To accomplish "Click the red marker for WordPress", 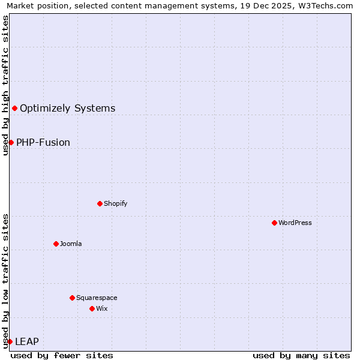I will pos(274,223).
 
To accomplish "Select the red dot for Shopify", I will pos(100,203).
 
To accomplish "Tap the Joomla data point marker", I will pos(56,244).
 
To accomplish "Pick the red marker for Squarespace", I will pos(72,298).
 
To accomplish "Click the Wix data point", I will pos(92,308).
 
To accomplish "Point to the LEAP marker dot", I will pos(10,341).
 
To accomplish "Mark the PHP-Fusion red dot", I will pos(11,142).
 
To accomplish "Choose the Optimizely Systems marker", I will pos(14,108).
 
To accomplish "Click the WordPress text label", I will pos(295,223).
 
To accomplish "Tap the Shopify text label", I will pos(116,203).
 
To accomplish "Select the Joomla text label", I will pos(71,244).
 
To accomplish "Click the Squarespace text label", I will pos(97,298).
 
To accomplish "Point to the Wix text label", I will pos(101,308).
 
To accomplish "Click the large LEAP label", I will pos(27,341).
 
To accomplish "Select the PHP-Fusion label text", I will pos(43,142).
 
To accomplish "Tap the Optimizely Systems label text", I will pos(68,108).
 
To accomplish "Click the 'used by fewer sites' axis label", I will pos(62,355).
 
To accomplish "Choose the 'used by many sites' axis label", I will pos(301,355).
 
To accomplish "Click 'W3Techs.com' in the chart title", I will pos(327,5).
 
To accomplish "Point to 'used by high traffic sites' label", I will pos(5,85).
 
